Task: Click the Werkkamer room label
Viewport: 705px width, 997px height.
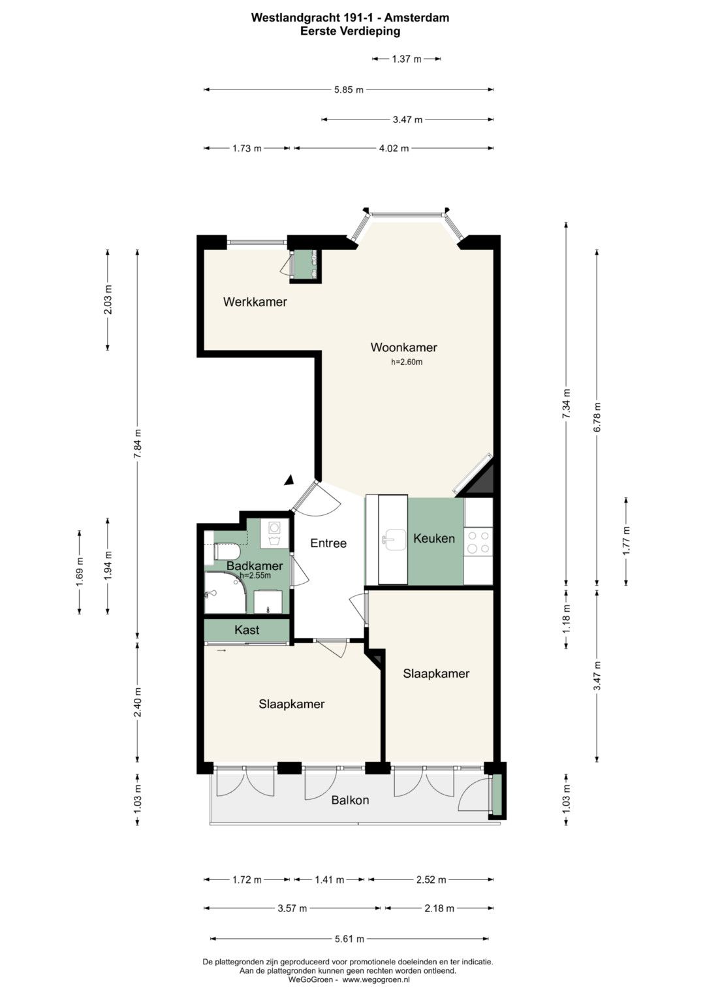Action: [x=255, y=302]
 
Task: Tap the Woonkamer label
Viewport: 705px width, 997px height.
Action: [x=403, y=347]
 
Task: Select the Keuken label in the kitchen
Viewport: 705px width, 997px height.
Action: [x=434, y=539]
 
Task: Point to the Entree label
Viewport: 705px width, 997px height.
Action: [x=328, y=543]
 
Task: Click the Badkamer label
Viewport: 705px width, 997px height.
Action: [x=255, y=565]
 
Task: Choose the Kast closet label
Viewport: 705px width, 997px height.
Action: [x=247, y=630]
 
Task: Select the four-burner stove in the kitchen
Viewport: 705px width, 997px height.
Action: [x=478, y=542]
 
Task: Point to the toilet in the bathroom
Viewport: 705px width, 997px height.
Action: [x=227, y=552]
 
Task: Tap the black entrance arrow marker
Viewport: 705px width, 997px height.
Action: [x=290, y=479]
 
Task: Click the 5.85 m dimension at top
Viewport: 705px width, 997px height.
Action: [x=349, y=89]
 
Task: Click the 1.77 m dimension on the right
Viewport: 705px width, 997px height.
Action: [x=626, y=541]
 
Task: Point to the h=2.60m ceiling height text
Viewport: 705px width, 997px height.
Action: [x=407, y=362]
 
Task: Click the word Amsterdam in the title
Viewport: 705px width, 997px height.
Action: [x=416, y=18]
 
